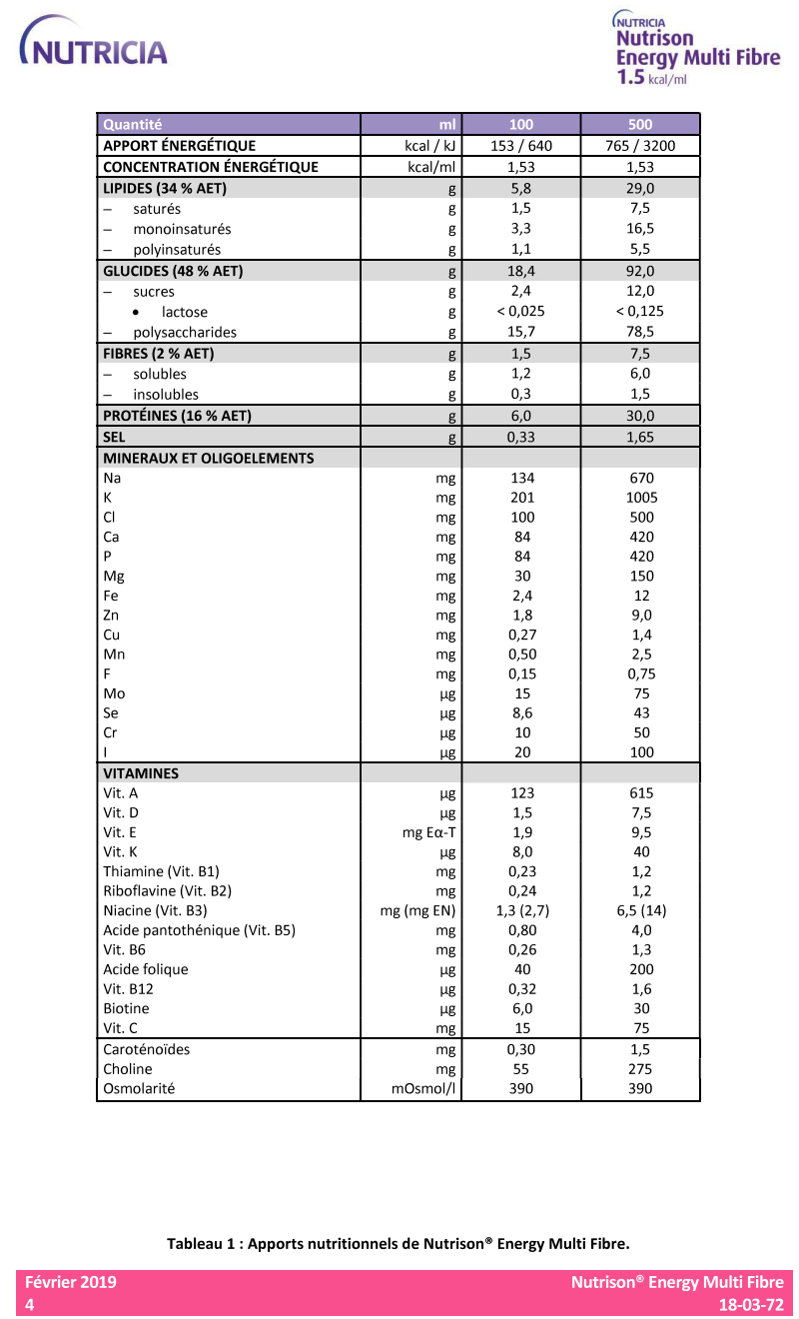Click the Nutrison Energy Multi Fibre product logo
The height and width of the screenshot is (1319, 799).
pyautogui.click(x=696, y=50)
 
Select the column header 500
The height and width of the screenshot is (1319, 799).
pyautogui.click(x=640, y=125)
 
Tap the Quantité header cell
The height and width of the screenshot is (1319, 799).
pyautogui.click(x=133, y=125)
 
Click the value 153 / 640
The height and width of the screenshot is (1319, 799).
pyautogui.click(x=521, y=146)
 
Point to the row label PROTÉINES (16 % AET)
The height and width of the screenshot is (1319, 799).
pyautogui.click(x=178, y=416)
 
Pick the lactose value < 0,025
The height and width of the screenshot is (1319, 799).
pyautogui.click(x=521, y=312)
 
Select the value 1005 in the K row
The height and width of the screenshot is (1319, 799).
pyautogui.click(x=640, y=498)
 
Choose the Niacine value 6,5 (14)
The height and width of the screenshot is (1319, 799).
pyautogui.click(x=640, y=910)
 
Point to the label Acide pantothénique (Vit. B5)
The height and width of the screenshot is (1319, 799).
pyautogui.click(x=199, y=930)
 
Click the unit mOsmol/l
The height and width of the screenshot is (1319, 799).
pyautogui.click(x=424, y=1088)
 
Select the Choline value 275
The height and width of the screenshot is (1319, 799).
pyautogui.click(x=640, y=1069)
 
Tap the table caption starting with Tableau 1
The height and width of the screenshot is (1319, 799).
pyautogui.click(x=399, y=1244)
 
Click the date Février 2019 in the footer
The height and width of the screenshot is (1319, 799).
pyautogui.click(x=70, y=1282)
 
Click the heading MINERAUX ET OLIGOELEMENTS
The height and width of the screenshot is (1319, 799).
pyautogui.click(x=209, y=459)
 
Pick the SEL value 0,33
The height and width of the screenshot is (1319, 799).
pyautogui.click(x=521, y=438)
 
